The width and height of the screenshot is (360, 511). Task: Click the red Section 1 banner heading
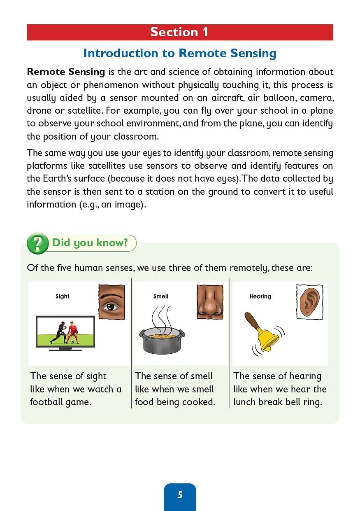179,32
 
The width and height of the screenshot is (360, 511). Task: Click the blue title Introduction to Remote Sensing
179,53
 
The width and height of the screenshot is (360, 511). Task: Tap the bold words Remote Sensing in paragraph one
66,72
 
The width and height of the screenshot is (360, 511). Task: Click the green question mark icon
37,243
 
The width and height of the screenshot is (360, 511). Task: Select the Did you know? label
90,243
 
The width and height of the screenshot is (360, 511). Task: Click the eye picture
111,302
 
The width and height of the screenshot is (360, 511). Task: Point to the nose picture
209,302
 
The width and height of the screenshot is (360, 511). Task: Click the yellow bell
267,337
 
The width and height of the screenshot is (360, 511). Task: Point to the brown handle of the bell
251,320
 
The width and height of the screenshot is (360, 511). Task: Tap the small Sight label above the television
62,296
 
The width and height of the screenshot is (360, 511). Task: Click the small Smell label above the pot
160,296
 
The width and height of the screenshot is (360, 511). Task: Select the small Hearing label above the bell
260,296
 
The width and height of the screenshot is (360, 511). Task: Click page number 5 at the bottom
180,495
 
